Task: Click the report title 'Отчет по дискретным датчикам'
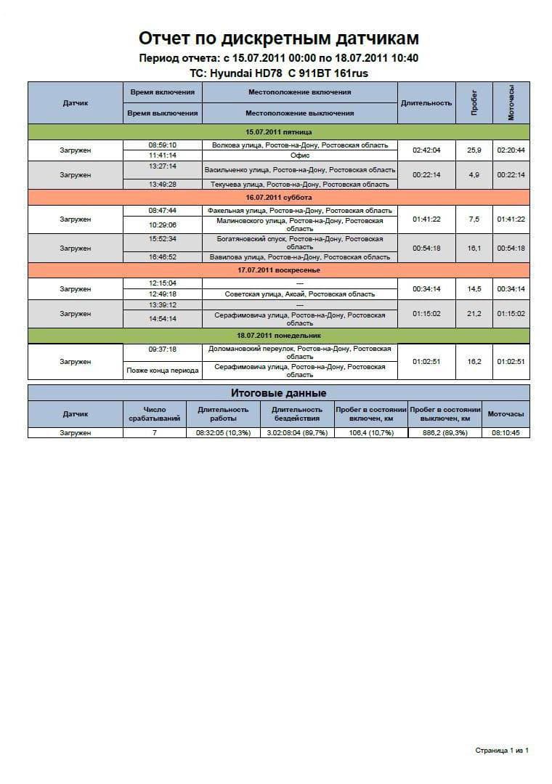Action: pyautogui.click(x=278, y=39)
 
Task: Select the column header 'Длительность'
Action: pyautogui.click(x=426, y=102)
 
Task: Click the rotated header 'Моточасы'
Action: pyautogui.click(x=511, y=102)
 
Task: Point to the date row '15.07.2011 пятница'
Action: pyautogui.click(x=278, y=132)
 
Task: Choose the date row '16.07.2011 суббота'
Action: pyautogui.click(x=278, y=198)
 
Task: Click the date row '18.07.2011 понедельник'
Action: pyautogui.click(x=278, y=336)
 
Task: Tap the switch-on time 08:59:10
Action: pyautogui.click(x=163, y=145)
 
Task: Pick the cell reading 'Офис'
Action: pyautogui.click(x=300, y=155)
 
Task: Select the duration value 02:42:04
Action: pyautogui.click(x=426, y=150)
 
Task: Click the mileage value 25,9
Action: pyautogui.click(x=474, y=150)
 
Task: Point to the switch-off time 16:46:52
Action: pyautogui.click(x=163, y=256)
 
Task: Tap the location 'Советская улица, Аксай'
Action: pyautogui.click(x=300, y=294)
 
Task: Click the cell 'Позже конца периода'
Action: pyautogui.click(x=163, y=371)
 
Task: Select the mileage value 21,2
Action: pyautogui.click(x=474, y=314)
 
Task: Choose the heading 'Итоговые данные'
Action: pyautogui.click(x=278, y=393)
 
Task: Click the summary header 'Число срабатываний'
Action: pyautogui.click(x=155, y=414)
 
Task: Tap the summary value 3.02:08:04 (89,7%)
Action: pyautogui.click(x=297, y=433)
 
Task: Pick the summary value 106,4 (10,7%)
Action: pyautogui.click(x=371, y=433)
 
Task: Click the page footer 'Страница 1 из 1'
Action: pyautogui.click(x=502, y=750)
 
